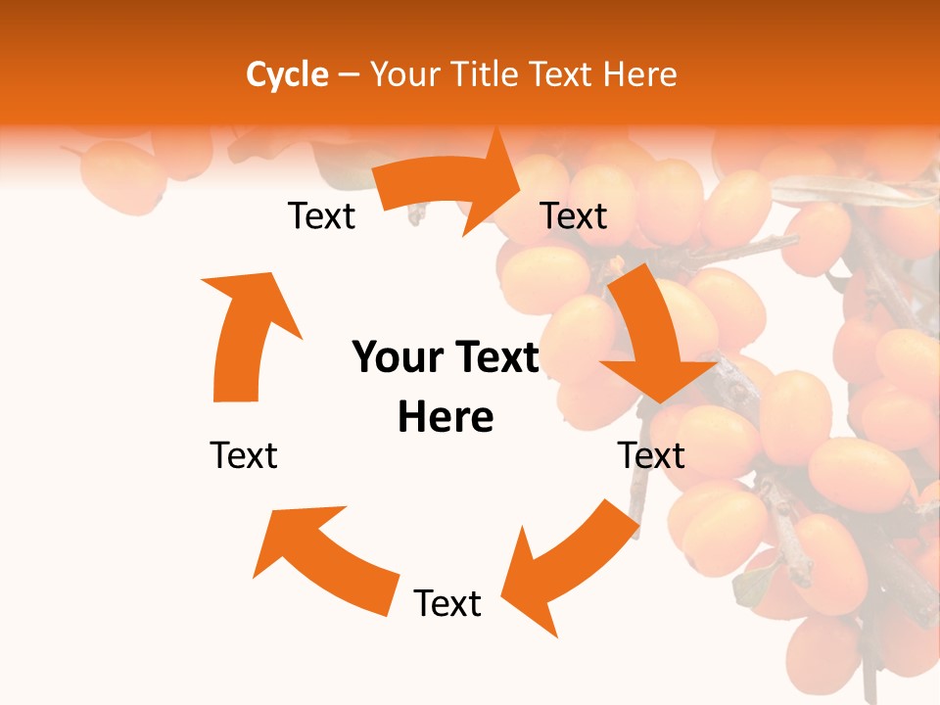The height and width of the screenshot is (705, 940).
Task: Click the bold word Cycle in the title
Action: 287,74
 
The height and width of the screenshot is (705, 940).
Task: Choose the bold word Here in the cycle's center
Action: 446,417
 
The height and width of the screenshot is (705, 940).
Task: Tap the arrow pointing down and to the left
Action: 568,563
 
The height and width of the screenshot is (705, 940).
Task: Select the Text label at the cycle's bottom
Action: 447,603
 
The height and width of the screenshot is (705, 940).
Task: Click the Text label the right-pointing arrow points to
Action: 574,215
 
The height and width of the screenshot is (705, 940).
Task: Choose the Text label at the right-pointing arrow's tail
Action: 321,215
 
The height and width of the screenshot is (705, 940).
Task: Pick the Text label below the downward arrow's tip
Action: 651,455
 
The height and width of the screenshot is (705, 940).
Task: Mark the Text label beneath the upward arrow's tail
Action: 244,455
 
